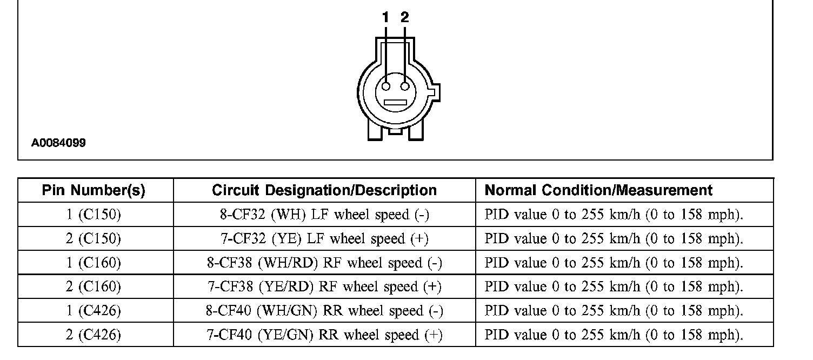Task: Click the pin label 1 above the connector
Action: point(385,18)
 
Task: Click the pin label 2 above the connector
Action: point(405,18)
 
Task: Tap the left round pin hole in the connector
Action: point(386,86)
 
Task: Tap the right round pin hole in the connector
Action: point(405,86)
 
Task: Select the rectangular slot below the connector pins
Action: point(395,103)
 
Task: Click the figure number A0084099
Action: point(58,143)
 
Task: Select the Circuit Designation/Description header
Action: point(324,190)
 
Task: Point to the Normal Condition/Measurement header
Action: point(598,190)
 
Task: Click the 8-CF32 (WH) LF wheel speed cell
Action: point(324,215)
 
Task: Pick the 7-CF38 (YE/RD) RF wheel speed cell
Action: point(324,286)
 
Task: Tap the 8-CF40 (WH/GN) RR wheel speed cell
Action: point(324,311)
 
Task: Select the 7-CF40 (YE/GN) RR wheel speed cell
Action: point(324,335)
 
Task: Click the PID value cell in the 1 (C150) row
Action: point(614,215)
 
